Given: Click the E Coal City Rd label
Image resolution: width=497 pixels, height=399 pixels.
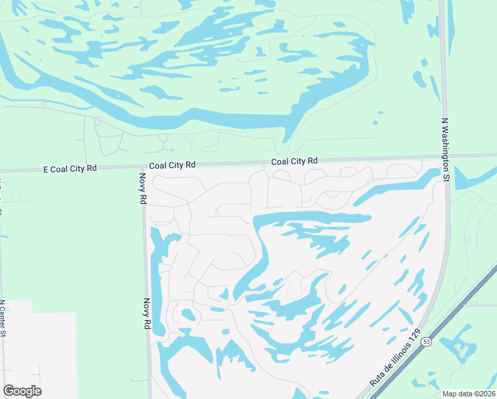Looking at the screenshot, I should [x=70, y=169].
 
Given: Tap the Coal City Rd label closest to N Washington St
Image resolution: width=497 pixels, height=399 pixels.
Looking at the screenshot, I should [x=294, y=161].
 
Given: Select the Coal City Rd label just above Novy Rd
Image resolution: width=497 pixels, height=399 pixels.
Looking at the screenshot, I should [x=172, y=164].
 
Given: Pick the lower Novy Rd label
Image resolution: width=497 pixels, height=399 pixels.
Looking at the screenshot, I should [x=145, y=314].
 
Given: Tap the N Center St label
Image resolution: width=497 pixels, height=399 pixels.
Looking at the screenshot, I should [x=3, y=318].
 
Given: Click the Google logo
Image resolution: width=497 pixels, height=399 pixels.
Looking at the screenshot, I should [x=22, y=391].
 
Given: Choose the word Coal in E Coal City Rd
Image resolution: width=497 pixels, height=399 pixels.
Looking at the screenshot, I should [x=64, y=169].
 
